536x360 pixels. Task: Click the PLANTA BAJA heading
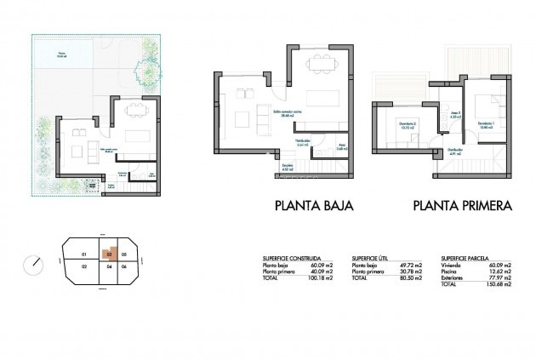pyautogui.click(x=314, y=205)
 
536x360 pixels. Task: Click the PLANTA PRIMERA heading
pyautogui.click(x=461, y=205)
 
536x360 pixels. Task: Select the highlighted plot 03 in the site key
pyautogui.click(x=108, y=254)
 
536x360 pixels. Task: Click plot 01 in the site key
pyautogui.click(x=83, y=254)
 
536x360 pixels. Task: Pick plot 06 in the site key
pyautogui.click(x=124, y=266)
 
